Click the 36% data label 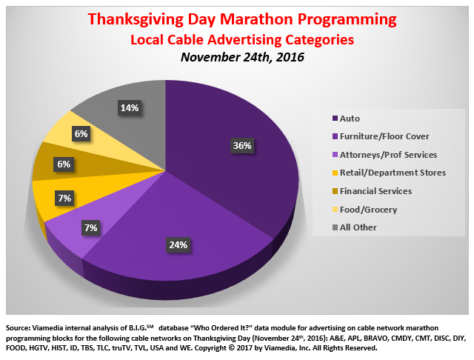242,146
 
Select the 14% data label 128,107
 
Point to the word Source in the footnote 19,327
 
